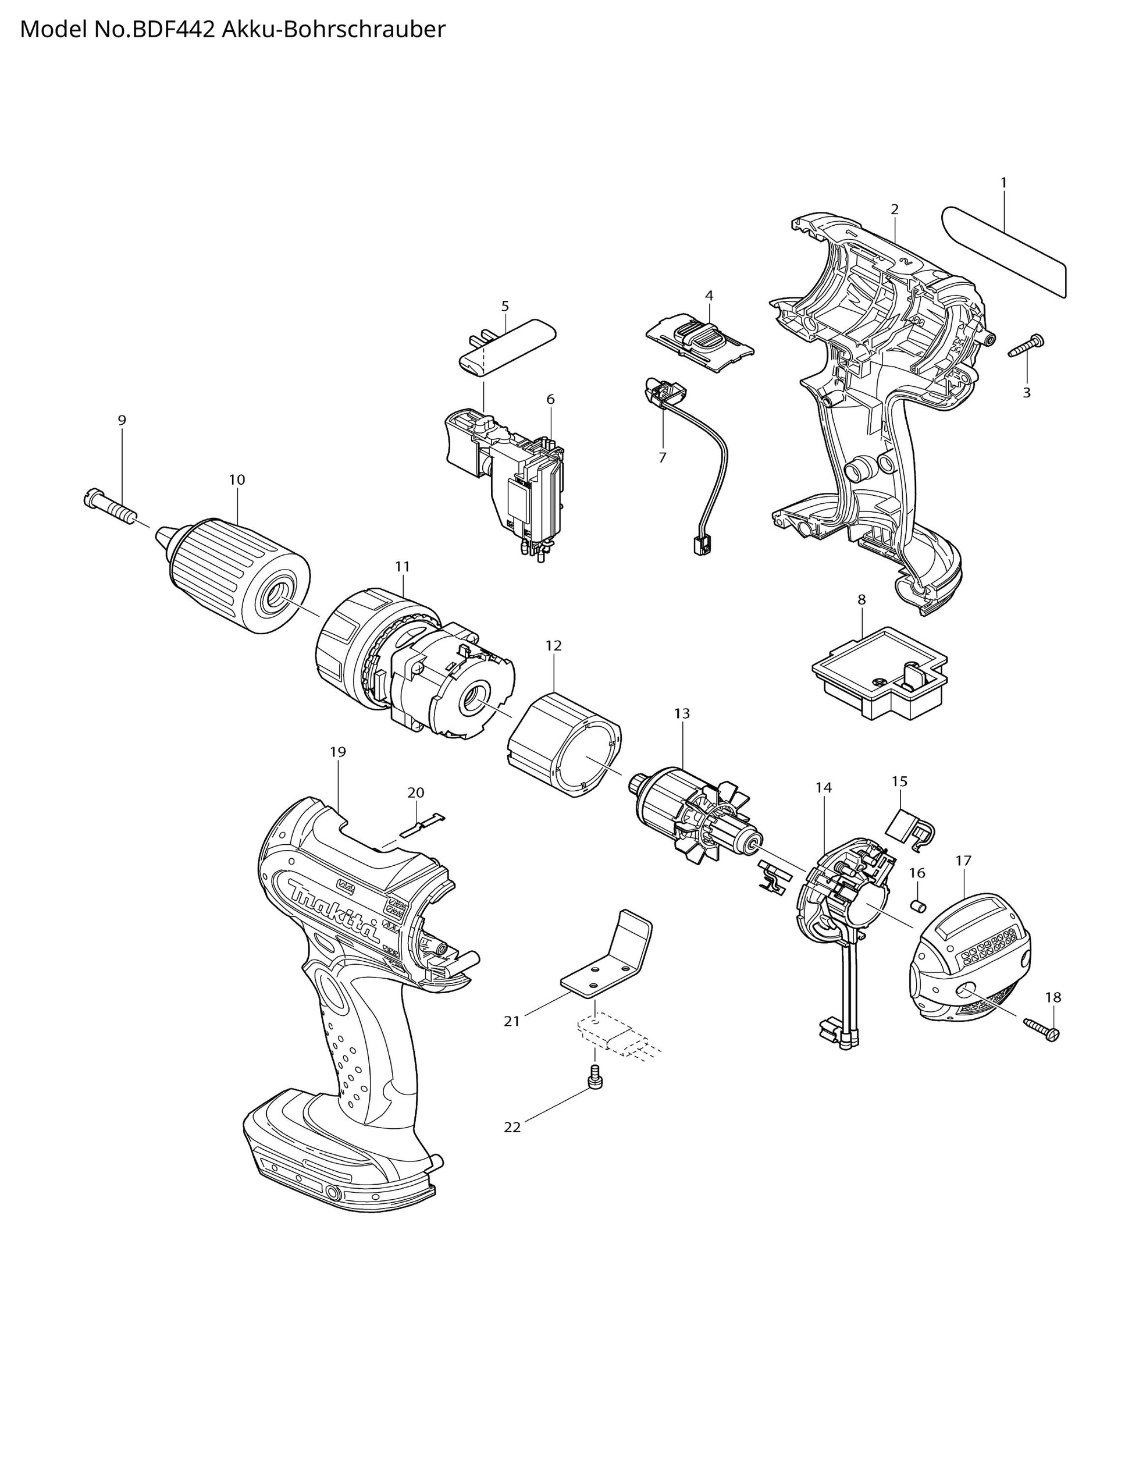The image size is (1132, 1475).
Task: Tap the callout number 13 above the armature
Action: [x=682, y=713]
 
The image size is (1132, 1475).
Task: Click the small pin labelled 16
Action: [x=916, y=905]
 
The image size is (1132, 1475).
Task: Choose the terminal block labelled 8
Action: [x=880, y=674]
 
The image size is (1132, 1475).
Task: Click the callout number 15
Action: [x=899, y=781]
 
